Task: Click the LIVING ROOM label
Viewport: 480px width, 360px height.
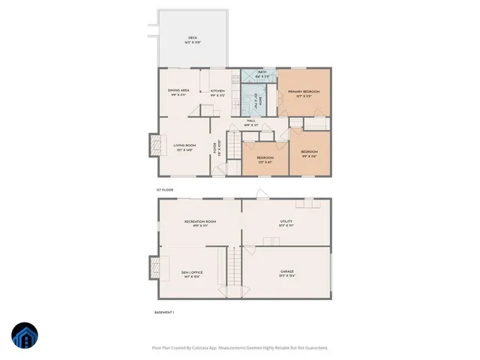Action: pyautogui.click(x=184, y=147)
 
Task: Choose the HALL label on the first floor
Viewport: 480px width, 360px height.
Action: pyautogui.click(x=251, y=121)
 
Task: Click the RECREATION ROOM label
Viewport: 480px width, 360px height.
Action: pyautogui.click(x=200, y=222)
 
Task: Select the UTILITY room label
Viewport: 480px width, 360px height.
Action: pyautogui.click(x=286, y=222)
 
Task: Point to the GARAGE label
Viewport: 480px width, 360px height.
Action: pyautogui.click(x=286, y=273)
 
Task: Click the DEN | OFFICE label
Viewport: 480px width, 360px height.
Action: pyautogui.click(x=192, y=273)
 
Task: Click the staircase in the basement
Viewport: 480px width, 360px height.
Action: pyautogui.click(x=235, y=266)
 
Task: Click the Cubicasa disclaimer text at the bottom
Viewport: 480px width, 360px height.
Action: pyautogui.click(x=240, y=347)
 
